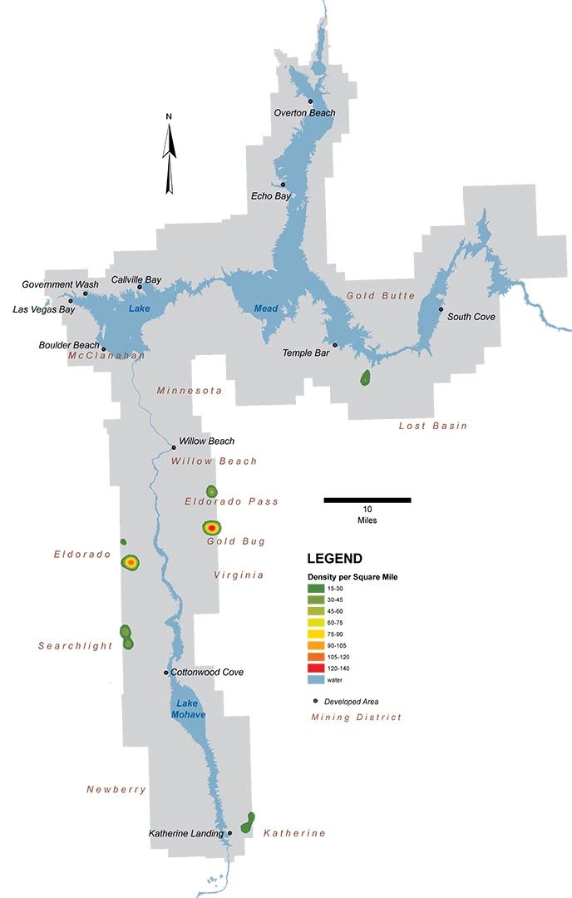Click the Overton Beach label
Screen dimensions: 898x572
[304, 113]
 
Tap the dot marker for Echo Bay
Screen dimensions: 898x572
[283, 185]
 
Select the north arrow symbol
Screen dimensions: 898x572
[170, 158]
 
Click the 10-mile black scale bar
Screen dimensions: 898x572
[367, 501]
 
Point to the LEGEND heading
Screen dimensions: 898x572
[334, 559]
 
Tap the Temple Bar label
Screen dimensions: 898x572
[306, 353]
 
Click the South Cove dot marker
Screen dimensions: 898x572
[441, 309]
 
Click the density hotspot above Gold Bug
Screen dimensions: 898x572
[212, 527]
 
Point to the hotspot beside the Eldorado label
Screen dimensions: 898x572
[131, 563]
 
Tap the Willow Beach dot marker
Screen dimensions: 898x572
[173, 447]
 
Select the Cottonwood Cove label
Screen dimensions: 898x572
[207, 672]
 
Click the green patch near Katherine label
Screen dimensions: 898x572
[248, 823]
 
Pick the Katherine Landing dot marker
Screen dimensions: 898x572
[229, 832]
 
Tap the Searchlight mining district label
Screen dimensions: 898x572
[75, 646]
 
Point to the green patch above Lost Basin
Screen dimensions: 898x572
[365, 378]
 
